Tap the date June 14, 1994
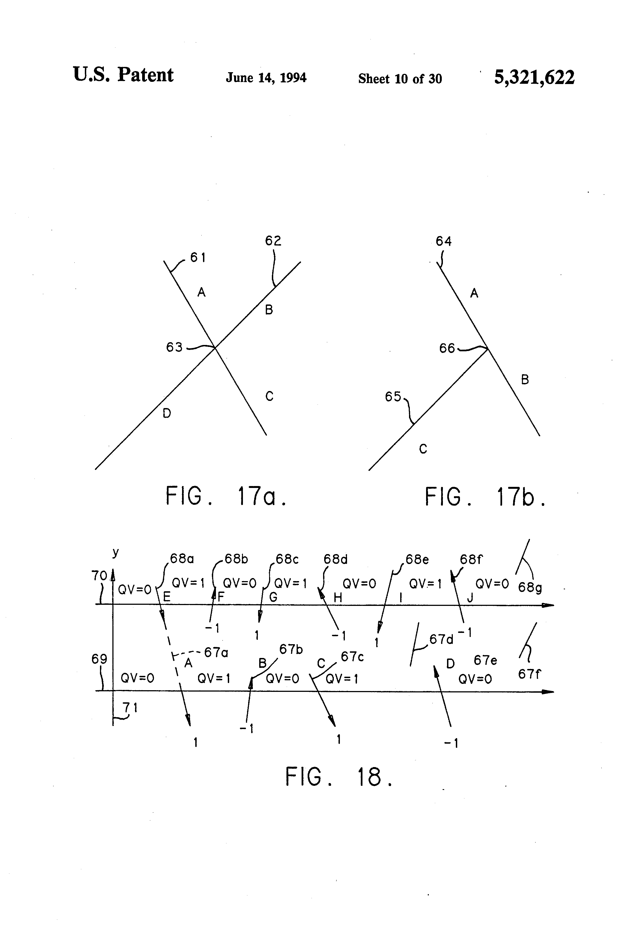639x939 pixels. point(266,78)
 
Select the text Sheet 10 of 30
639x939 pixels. point(400,78)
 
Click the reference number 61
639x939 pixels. point(198,257)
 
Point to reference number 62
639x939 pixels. point(273,241)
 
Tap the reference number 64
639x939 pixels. point(443,241)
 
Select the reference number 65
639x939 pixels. point(393,397)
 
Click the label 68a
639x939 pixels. point(182,559)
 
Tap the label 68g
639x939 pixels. point(530,587)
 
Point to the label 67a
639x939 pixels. point(216,652)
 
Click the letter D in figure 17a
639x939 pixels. point(167,413)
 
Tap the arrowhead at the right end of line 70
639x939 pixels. point(549,605)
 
